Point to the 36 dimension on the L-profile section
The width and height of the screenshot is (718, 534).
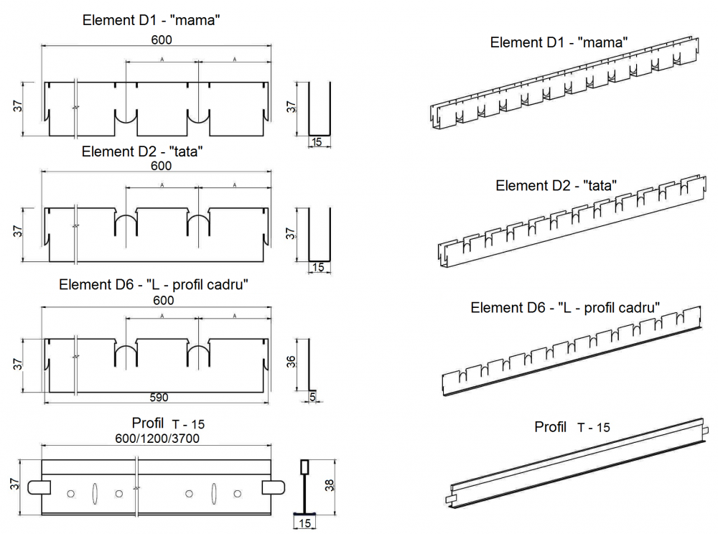[x=291, y=362]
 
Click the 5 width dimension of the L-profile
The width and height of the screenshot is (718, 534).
[x=313, y=397]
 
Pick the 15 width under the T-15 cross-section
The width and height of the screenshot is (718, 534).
[x=305, y=523]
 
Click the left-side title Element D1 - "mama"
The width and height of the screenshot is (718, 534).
[x=151, y=20]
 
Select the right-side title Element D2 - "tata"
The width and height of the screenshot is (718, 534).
[x=556, y=185]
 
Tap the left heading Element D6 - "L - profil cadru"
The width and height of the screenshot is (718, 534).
[x=154, y=284]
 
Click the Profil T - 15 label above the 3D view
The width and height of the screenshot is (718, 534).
[x=572, y=427]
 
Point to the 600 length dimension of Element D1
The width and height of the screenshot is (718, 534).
[x=161, y=39]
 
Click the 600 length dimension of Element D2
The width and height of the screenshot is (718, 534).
[x=161, y=166]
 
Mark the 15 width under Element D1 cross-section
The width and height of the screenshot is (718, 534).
[x=317, y=142]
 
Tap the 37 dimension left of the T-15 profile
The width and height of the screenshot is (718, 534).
[x=15, y=485]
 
